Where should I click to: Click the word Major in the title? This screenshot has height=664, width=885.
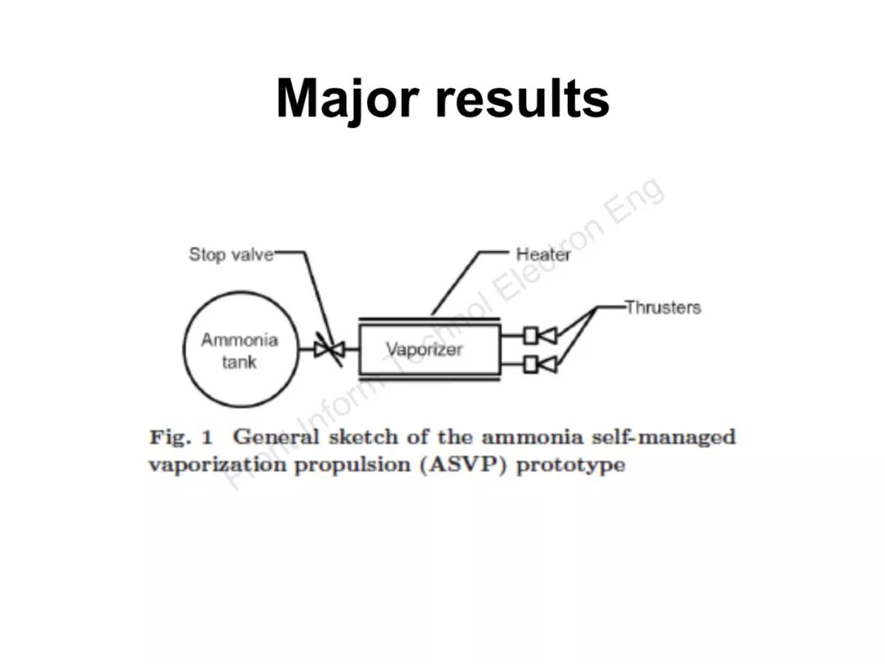tap(347, 98)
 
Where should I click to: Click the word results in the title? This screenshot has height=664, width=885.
tap(522, 98)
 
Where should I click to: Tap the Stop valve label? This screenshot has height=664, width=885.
tap(231, 254)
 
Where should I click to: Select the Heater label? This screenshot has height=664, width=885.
tap(543, 254)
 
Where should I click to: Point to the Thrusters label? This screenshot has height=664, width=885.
tap(663, 307)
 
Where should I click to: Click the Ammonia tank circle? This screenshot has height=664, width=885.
tap(239, 351)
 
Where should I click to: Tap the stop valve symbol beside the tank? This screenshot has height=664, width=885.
tap(330, 349)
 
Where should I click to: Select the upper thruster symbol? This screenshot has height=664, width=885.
tap(541, 334)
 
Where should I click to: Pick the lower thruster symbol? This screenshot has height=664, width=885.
tap(541, 363)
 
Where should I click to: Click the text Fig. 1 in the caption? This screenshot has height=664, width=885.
tap(180, 437)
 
